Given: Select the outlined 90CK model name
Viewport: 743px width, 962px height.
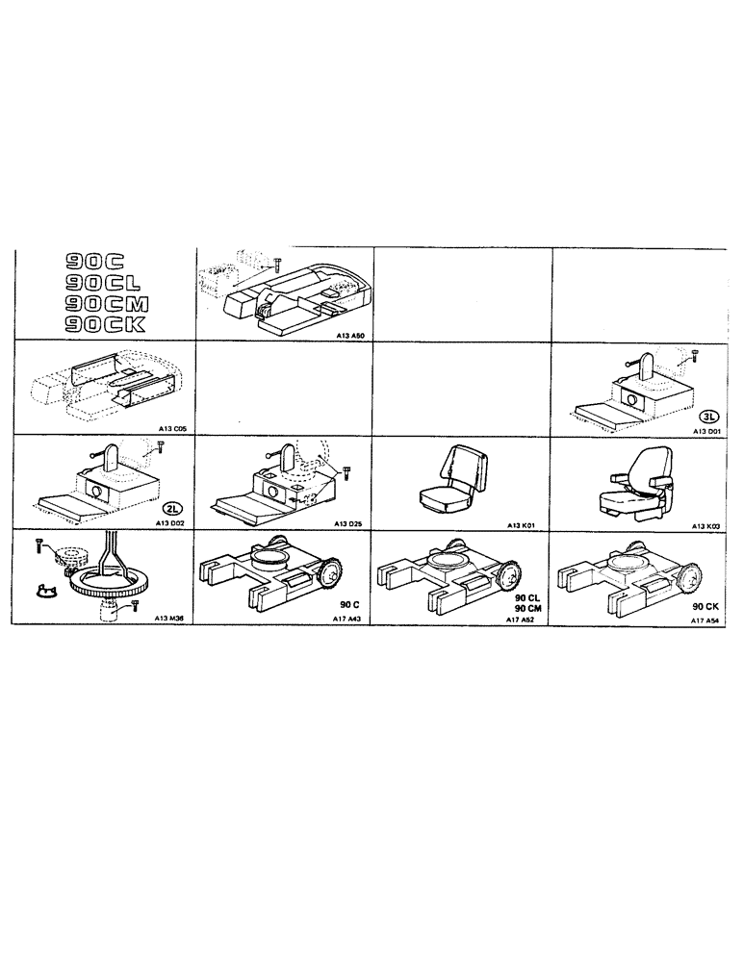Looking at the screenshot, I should (103, 325).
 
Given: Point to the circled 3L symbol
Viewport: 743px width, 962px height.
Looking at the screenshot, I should (708, 416).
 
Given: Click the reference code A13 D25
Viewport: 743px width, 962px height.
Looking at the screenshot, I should (350, 523).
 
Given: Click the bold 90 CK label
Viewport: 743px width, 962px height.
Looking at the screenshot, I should (705, 609).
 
